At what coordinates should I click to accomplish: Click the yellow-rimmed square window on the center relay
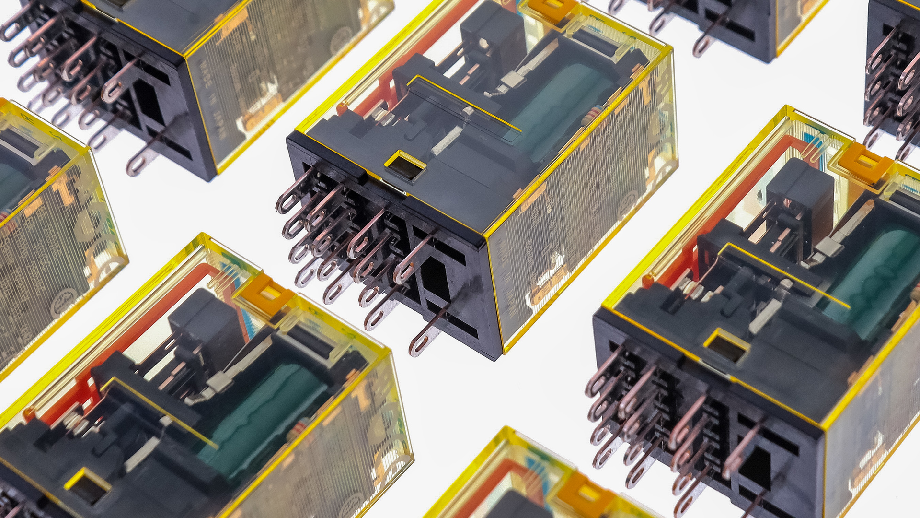405,166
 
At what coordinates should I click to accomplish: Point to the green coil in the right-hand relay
877,278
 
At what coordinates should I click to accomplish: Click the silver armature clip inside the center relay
513,79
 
